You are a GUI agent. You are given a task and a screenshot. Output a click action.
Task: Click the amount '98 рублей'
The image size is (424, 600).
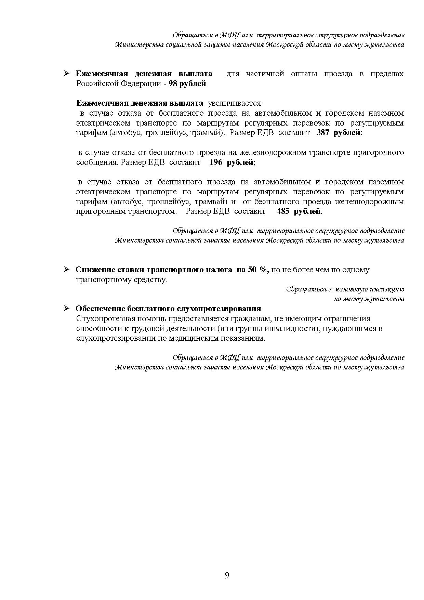click(x=187, y=84)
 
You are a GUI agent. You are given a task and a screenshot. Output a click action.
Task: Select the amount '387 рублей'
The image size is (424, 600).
click(x=338, y=133)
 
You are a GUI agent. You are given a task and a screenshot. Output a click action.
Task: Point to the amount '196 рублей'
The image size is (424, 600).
click(x=231, y=162)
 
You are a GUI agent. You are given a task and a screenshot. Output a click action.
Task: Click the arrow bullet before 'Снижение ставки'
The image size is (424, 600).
click(x=67, y=270)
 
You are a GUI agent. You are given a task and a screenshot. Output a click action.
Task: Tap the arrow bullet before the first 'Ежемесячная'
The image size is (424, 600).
click(x=67, y=74)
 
